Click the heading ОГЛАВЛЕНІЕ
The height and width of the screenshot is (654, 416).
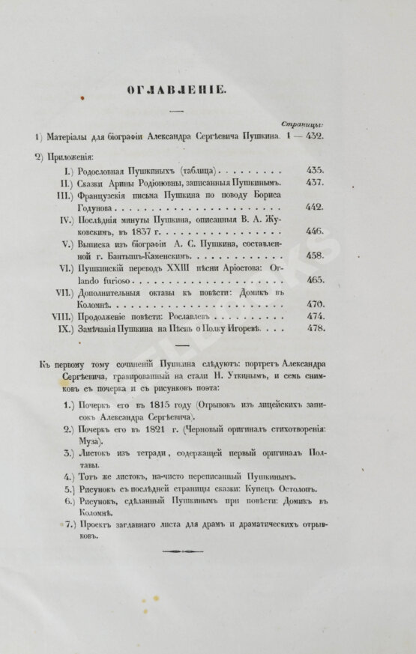(x=172, y=91)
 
